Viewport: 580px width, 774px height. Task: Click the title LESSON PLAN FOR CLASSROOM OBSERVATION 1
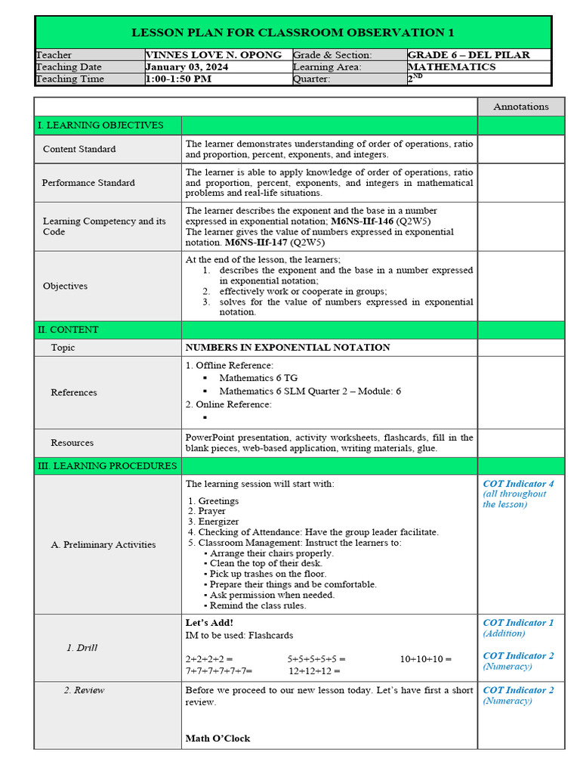coord(293,33)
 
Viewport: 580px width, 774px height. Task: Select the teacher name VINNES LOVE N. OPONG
coord(214,55)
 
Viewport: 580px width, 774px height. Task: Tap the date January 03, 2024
coord(187,67)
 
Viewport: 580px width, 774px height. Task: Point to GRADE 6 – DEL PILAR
coord(468,55)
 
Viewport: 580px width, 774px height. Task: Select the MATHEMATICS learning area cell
coord(452,67)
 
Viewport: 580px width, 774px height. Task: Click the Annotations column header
coord(520,107)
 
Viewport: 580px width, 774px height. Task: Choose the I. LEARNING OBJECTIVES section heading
coord(100,125)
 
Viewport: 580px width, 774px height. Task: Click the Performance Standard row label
coord(88,183)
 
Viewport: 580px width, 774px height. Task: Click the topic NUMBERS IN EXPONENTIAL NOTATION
coord(288,348)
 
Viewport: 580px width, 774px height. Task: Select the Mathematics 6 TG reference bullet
coord(258,378)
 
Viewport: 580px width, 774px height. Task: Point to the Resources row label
coord(72,443)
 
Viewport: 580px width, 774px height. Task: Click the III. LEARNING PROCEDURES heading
coord(107,466)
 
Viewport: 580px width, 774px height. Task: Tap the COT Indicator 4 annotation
coord(518,484)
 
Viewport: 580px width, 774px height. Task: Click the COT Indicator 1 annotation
coord(518,623)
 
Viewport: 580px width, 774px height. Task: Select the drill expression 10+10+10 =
coord(426,659)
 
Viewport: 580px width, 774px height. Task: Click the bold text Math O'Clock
coord(217,738)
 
